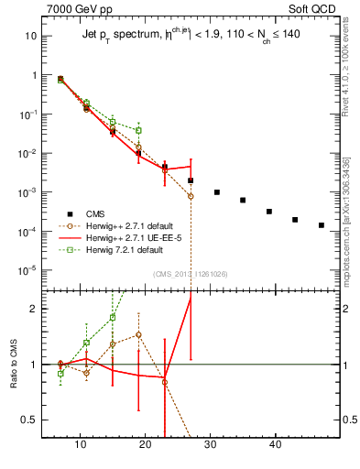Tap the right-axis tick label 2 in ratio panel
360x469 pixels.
(344, 309)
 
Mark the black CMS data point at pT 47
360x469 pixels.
(321, 225)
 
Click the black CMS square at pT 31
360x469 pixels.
(217, 192)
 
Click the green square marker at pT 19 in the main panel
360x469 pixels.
(138, 130)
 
